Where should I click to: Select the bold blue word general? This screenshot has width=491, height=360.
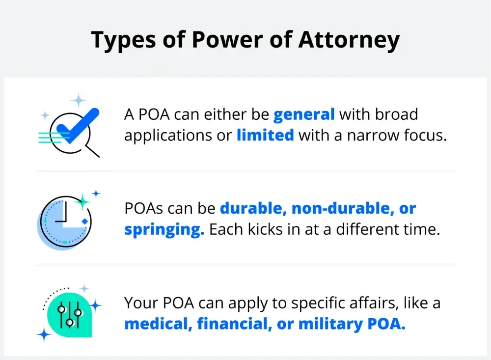tap(304, 114)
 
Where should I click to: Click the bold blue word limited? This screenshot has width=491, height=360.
tap(265, 135)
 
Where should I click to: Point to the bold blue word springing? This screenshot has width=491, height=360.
tap(164, 229)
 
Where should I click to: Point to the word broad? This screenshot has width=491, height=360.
tap(395, 114)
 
